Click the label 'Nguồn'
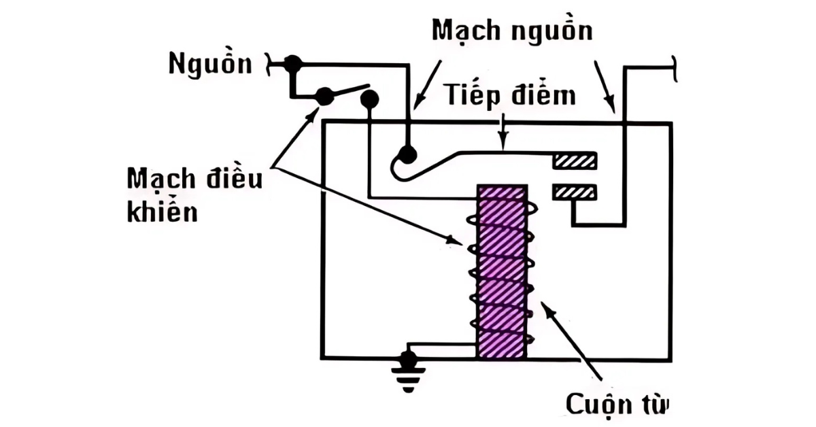[210, 65]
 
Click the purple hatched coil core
[502, 272]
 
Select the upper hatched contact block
[575, 160]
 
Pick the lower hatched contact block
[575, 193]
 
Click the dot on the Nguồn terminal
[293, 64]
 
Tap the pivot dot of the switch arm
[324, 97]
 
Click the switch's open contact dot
[369, 99]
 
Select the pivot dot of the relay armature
[407, 154]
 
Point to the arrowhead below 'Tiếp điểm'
[503, 144]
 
